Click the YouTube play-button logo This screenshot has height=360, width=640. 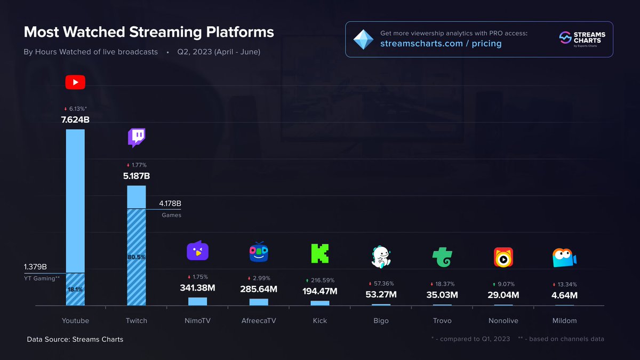coord(75,82)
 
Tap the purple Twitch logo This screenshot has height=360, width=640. coord(137,138)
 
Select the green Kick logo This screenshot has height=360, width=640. coord(319,253)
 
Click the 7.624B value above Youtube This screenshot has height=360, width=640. coord(75,119)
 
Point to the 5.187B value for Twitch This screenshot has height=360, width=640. coord(137,175)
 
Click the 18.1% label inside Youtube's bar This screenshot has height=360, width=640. coord(75,290)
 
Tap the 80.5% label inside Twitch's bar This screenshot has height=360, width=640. coord(137,257)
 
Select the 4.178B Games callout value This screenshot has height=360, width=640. coord(171,204)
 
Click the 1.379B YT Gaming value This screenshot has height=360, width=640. coord(35,267)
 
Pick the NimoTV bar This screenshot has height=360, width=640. coord(197,301)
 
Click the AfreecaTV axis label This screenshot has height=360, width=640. coord(259,321)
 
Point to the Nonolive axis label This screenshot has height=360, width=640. coord(503,321)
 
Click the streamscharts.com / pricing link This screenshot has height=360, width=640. coord(441,44)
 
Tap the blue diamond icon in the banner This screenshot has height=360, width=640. coord(364,39)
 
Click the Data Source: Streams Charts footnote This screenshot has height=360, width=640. coord(75,339)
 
